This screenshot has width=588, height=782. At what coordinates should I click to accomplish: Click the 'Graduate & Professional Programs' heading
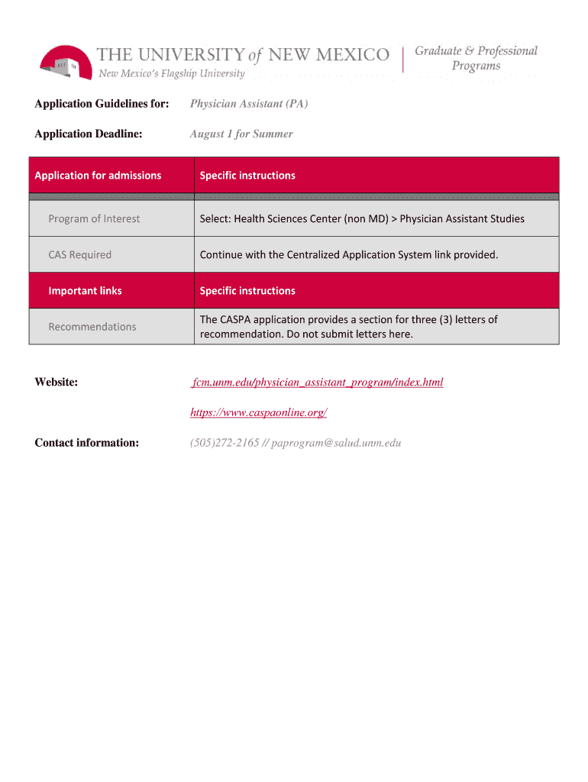476,58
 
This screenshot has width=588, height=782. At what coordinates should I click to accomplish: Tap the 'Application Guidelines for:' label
102,103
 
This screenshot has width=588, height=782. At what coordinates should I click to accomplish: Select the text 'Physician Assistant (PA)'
249,103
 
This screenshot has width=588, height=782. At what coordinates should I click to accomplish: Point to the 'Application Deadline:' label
89,134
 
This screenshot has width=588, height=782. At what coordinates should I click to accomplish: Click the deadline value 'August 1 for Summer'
241,134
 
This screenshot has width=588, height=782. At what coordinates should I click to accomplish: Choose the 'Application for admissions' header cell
98,175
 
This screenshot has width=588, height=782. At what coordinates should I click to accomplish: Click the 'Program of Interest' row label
94,218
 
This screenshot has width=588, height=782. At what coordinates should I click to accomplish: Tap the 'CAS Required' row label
79,254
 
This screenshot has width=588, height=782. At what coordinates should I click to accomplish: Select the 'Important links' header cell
85,290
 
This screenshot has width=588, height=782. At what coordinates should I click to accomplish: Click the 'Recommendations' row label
92,326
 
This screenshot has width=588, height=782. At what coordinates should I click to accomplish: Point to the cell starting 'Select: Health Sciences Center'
362,218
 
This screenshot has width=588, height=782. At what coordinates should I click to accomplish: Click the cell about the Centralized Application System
348,254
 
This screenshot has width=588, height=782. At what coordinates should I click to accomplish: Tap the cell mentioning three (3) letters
348,326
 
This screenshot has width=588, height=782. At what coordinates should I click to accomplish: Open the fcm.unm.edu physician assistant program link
318,382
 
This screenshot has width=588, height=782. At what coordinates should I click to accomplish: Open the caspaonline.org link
258,412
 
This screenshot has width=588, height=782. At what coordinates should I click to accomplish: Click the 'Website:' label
56,382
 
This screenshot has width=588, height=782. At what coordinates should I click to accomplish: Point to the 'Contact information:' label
86,443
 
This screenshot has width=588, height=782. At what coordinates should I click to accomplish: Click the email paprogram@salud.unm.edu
336,443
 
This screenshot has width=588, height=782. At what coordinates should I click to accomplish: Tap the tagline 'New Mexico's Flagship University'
171,74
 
